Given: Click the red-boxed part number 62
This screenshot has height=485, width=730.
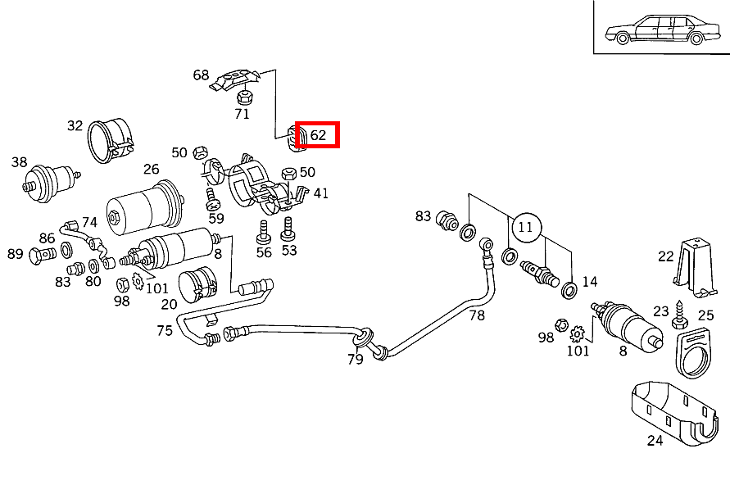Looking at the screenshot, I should (x=318, y=135).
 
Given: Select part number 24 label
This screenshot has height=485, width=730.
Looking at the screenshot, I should (x=655, y=440).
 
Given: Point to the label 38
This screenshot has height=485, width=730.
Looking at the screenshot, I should (x=20, y=162).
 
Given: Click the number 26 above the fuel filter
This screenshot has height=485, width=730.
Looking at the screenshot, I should (x=152, y=170).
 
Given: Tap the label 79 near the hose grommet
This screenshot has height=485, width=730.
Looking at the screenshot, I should (x=356, y=359).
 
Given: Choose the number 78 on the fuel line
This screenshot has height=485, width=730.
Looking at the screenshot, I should (x=478, y=315).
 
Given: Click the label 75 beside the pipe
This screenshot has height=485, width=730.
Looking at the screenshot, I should (x=165, y=330).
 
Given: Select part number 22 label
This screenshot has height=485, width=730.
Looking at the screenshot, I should (x=665, y=256).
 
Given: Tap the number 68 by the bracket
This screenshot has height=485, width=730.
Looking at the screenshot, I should (x=201, y=75).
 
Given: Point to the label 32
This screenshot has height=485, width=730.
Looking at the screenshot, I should (x=75, y=125).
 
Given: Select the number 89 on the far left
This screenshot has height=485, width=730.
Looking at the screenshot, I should (x=16, y=254).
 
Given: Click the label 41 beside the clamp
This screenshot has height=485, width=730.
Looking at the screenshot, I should (x=320, y=193).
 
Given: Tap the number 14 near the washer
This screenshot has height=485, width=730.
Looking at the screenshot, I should (x=590, y=282).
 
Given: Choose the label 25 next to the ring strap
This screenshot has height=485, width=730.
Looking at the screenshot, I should (x=705, y=315).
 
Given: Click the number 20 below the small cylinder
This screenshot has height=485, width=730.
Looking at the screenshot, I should (x=169, y=304).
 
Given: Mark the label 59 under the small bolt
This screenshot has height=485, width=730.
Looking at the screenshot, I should (x=215, y=218).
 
